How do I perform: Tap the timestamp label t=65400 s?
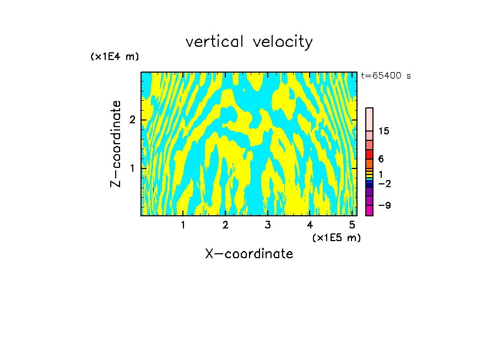pyautogui.click(x=386, y=76)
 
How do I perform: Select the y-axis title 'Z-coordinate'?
pyautogui.click(x=116, y=144)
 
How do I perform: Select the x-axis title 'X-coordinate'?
pyautogui.click(x=249, y=254)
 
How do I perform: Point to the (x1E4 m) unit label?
pyautogui.click(x=115, y=56)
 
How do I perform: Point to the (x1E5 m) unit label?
pyautogui.click(x=336, y=237)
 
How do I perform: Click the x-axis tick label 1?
pyautogui.click(x=183, y=225)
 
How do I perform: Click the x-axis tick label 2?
pyautogui.click(x=225, y=225)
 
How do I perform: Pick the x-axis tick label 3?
pyautogui.click(x=268, y=225)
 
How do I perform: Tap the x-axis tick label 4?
pyautogui.click(x=310, y=225)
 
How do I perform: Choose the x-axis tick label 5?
pyautogui.click(x=352, y=225)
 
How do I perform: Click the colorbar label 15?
pyautogui.click(x=384, y=131)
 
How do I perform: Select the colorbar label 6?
pyautogui.click(x=381, y=159)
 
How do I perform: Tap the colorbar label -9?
pyautogui.click(x=385, y=206)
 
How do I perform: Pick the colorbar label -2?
pyautogui.click(x=385, y=184)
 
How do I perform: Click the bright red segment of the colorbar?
pyautogui.click(x=370, y=154)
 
